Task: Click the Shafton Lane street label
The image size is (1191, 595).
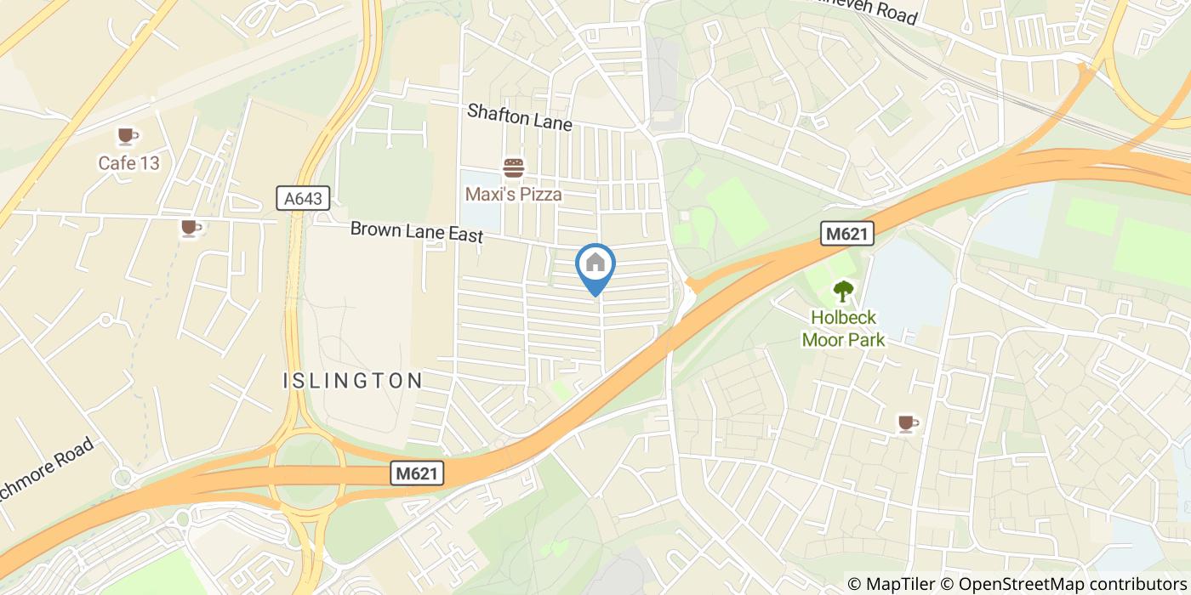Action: tap(519, 116)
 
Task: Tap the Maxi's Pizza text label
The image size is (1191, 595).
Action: tap(513, 195)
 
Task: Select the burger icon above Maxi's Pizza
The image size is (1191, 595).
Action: tap(513, 167)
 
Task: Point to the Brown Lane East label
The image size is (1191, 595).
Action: tap(417, 232)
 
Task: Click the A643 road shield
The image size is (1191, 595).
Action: tap(304, 199)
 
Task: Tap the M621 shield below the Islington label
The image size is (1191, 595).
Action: tap(418, 473)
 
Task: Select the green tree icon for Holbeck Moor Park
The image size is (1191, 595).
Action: tap(843, 292)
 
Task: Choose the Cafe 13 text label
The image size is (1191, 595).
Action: tap(128, 163)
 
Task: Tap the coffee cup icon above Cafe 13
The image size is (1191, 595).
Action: tap(128, 136)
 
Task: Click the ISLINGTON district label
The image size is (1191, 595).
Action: tap(352, 381)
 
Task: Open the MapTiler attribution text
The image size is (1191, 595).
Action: tap(894, 584)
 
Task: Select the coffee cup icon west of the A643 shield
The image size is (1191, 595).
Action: tap(191, 228)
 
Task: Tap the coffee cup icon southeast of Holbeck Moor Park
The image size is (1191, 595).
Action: tap(908, 422)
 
